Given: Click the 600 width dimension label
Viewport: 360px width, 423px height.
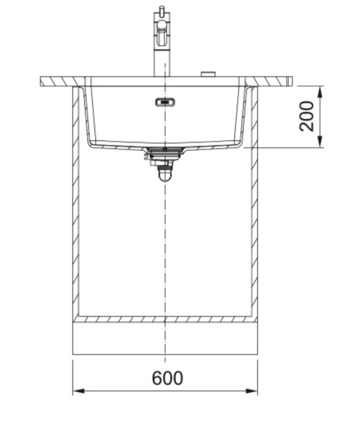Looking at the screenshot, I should [167, 378].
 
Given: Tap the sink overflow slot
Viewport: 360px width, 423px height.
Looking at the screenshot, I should [164, 102].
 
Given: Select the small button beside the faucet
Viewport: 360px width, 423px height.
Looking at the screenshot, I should [208, 73].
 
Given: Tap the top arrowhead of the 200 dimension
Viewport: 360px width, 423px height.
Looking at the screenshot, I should [321, 90].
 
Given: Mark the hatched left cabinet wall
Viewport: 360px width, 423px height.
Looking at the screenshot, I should [75, 204].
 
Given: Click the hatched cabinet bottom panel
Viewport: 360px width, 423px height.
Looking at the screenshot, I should [165, 319].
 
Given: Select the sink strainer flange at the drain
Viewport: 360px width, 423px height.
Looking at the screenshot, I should [164, 150].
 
